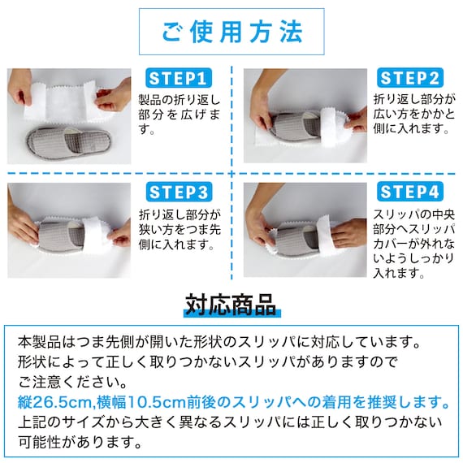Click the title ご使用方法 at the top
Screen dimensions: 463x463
pyautogui.click(x=231, y=32)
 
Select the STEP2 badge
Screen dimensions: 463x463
pyautogui.click(x=410, y=78)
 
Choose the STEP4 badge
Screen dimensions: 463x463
pyautogui.click(x=410, y=193)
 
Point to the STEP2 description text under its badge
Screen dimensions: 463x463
pyautogui.click(x=414, y=115)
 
